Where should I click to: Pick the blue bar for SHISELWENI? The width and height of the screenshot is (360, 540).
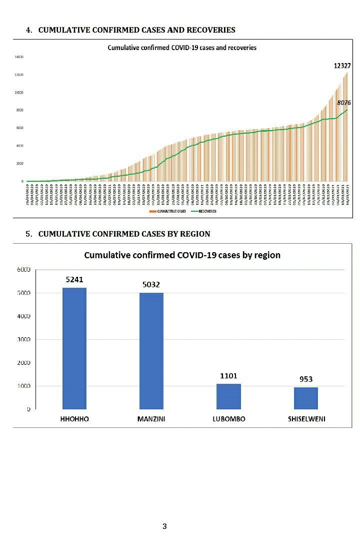click(305, 398)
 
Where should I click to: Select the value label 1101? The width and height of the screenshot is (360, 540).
click(228, 376)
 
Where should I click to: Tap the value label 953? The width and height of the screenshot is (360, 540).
click(305, 379)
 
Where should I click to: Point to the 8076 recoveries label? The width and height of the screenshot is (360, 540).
click(344, 103)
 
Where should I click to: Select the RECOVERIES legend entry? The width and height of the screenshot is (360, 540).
click(207, 211)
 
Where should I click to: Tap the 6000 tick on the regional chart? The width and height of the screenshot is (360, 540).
click(24, 270)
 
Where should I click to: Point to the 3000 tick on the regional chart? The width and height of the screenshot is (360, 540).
click(24, 339)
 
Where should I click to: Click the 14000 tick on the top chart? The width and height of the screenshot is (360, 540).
click(19, 58)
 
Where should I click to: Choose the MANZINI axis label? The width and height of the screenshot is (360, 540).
click(151, 419)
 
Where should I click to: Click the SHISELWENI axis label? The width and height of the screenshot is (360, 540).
click(306, 419)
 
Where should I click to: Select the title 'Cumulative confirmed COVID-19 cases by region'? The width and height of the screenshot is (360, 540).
click(182, 255)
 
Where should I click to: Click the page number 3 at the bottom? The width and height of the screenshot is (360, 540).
click(164, 526)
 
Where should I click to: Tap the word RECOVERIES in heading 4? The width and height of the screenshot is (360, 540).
click(210, 30)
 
